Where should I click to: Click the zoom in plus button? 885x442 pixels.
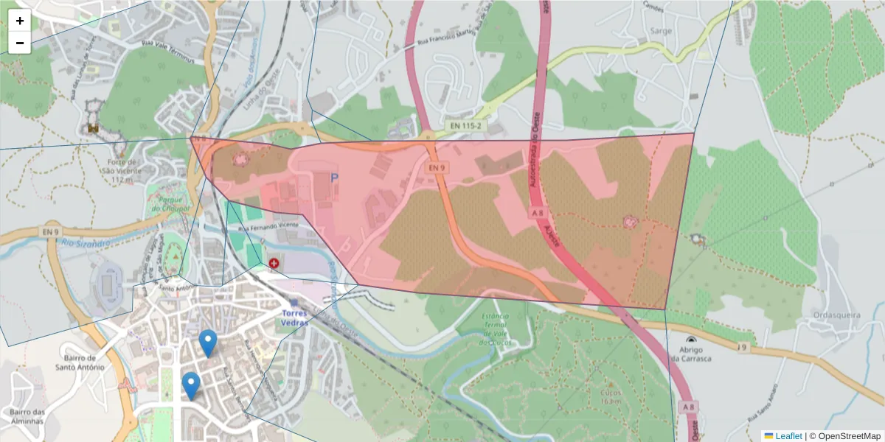coord(20,21)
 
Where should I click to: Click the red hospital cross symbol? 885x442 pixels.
coord(274,263)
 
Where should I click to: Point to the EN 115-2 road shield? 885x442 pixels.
coord(466,127)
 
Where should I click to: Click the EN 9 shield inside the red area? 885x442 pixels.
coord(437,168)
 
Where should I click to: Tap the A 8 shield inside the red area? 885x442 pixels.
coord(538,212)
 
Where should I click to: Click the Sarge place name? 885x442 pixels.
coord(660,31)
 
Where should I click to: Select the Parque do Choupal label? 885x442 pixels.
coord(170,203)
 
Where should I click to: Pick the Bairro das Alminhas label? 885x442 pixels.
coord(27,416)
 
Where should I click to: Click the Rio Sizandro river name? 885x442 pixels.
coord(86,243)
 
